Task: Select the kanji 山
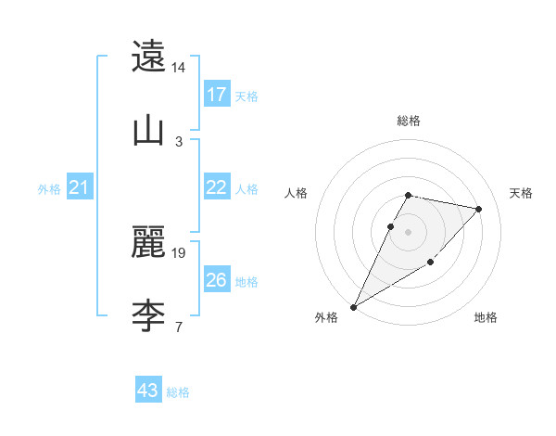[148, 131]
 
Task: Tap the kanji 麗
[148, 243]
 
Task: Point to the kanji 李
[148, 316]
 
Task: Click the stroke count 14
[179, 68]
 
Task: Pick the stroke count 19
[179, 252]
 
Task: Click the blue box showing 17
[217, 95]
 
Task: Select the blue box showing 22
[217, 187]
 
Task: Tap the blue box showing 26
[217, 280]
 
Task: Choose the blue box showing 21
[80, 187]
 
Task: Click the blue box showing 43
[148, 391]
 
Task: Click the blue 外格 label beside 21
[49, 188]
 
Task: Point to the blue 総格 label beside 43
[178, 392]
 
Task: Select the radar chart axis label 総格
[408, 121]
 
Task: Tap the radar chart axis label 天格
[521, 193]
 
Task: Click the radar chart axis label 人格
[297, 193]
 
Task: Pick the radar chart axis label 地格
[486, 317]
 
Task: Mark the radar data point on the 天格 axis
[479, 209]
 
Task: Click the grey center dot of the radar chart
[408, 232]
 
